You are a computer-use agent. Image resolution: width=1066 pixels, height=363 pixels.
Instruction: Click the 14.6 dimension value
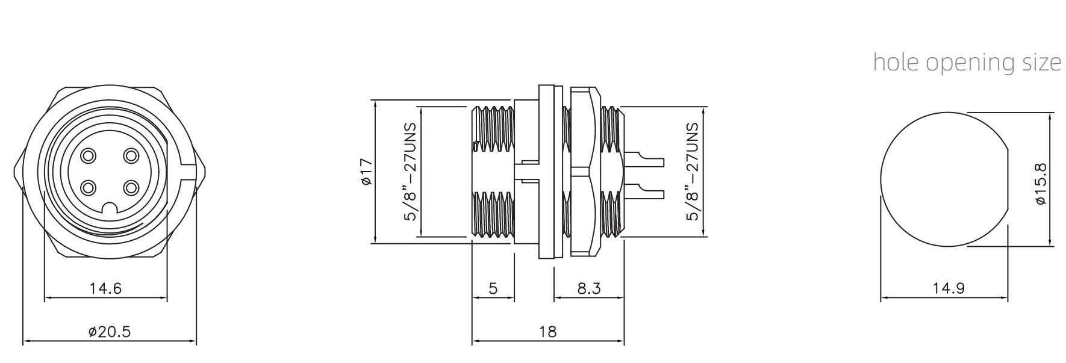pos(105,288)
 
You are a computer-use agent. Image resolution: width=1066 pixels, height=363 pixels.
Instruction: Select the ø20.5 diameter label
pos(109,332)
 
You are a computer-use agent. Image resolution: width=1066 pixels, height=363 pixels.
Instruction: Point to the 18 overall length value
pos(548,331)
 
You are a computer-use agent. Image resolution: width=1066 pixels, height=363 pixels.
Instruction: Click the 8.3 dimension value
pos(588,288)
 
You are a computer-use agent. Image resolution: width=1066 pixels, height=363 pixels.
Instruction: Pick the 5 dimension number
pos(493,288)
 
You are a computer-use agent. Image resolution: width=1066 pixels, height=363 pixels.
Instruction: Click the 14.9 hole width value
pos(949,288)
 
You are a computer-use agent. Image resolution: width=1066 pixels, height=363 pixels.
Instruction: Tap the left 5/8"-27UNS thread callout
pos(411,172)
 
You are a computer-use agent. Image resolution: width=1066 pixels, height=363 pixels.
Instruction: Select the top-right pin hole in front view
pos(131,156)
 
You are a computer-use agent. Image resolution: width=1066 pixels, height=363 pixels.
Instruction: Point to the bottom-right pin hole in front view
pos(131,188)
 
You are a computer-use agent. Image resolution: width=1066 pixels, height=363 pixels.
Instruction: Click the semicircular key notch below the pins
pos(110,208)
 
